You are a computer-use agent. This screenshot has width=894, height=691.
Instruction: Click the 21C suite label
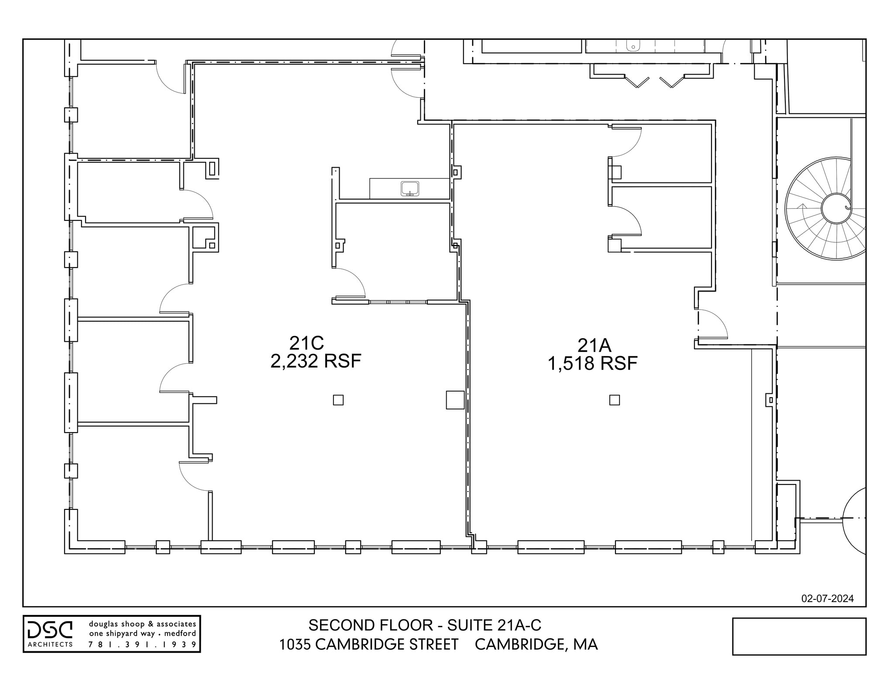pyautogui.click(x=306, y=343)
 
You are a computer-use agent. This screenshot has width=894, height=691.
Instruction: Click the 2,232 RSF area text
pyautogui.click(x=316, y=361)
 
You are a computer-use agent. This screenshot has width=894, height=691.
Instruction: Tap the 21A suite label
pyautogui.click(x=594, y=345)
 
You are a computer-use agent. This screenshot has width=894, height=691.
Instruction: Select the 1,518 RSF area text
pyautogui.click(x=592, y=364)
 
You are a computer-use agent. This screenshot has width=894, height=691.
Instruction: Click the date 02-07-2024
pyautogui.click(x=827, y=598)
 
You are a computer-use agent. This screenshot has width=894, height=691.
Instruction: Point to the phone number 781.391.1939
pyautogui.click(x=142, y=644)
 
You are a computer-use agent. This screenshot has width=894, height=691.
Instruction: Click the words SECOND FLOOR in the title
pyautogui.click(x=371, y=626)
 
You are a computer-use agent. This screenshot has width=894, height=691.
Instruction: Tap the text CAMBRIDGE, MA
pyautogui.click(x=536, y=645)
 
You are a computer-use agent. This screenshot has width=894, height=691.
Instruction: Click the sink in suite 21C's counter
pyautogui.click(x=409, y=189)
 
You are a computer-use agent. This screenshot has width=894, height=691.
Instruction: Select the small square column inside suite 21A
pyautogui.click(x=614, y=400)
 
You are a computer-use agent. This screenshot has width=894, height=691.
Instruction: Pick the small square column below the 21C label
pyautogui.click(x=338, y=400)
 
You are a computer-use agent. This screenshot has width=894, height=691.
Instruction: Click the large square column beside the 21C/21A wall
pyautogui.click(x=455, y=400)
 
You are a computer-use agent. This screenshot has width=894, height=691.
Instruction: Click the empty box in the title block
pyautogui.click(x=799, y=636)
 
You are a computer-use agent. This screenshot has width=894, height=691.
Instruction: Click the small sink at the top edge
pyautogui.click(x=633, y=45)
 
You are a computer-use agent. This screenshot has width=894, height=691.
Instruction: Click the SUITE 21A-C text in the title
pyautogui.click(x=494, y=626)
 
